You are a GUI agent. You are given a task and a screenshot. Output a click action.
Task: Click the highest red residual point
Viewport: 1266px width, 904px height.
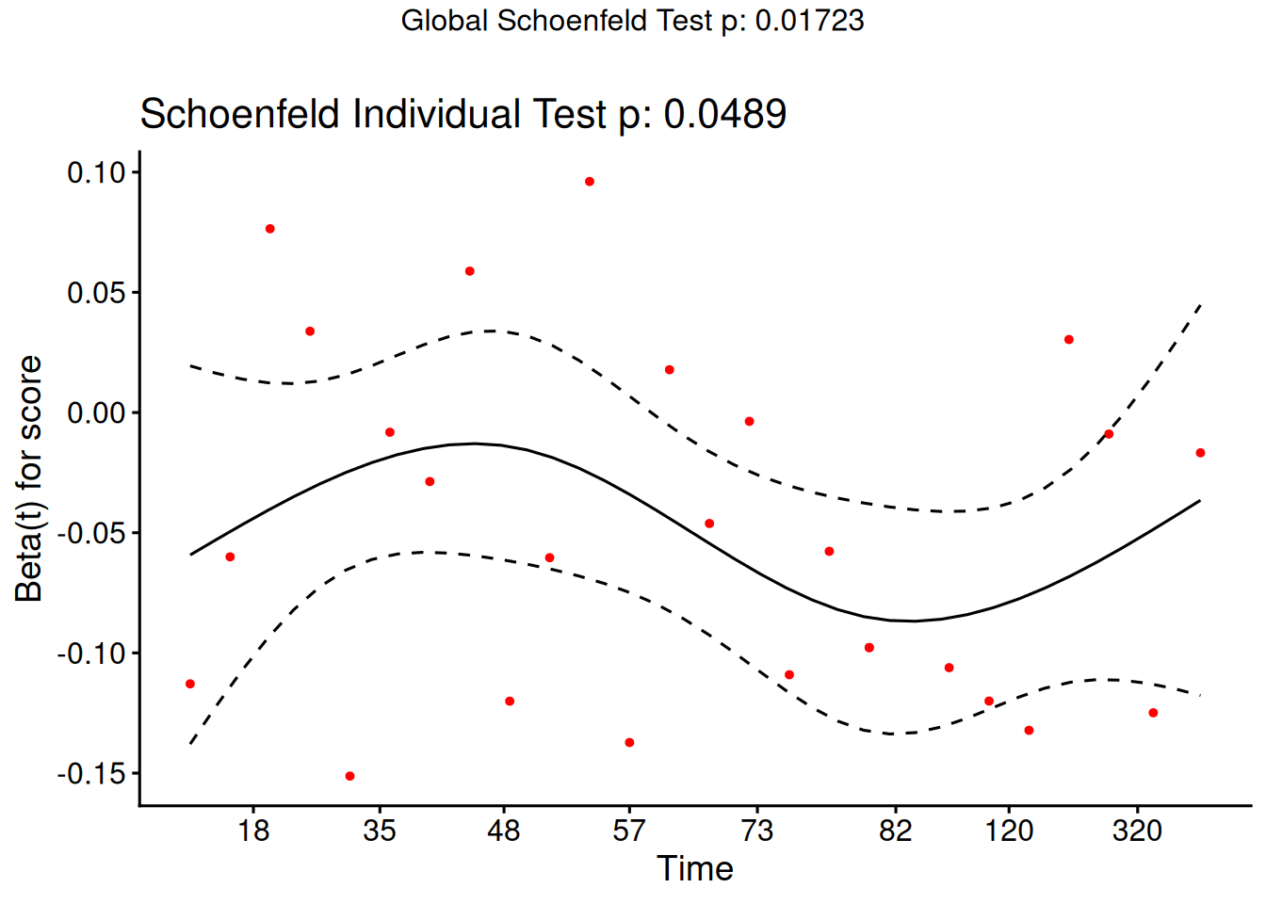pos(590,182)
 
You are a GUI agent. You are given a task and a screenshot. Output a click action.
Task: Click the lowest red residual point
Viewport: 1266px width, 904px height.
pos(349,776)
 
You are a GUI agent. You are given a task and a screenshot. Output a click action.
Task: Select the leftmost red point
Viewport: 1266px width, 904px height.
pos(190,684)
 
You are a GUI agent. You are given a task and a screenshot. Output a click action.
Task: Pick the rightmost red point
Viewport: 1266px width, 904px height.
pos(1200,453)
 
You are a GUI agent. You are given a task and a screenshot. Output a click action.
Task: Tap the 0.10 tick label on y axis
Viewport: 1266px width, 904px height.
pos(96,172)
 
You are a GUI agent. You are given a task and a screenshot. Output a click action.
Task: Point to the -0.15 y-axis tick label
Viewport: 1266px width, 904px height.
pos(91,774)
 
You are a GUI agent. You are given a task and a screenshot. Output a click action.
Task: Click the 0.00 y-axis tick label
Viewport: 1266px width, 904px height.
pos(96,412)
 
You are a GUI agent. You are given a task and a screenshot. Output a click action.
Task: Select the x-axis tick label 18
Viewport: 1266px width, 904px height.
pos(253,831)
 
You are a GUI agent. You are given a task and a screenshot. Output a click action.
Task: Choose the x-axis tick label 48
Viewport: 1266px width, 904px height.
pos(504,831)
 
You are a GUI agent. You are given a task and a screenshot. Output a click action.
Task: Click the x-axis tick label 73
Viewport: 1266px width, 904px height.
pos(756,831)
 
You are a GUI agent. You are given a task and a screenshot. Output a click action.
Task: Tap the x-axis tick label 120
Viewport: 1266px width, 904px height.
pos(1009,831)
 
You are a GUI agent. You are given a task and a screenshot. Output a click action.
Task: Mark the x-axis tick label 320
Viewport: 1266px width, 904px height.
pos(1136,831)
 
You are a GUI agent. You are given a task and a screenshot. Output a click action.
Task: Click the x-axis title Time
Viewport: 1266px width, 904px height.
pos(695,868)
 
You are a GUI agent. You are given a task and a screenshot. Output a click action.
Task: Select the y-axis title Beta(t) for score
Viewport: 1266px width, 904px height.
pos(29,478)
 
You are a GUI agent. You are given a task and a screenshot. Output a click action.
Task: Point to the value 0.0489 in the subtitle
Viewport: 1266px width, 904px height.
pos(724,115)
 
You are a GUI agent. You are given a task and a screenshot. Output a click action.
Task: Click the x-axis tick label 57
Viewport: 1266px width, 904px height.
pos(629,831)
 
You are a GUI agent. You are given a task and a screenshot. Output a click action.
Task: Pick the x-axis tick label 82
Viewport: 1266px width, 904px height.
pos(896,831)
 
